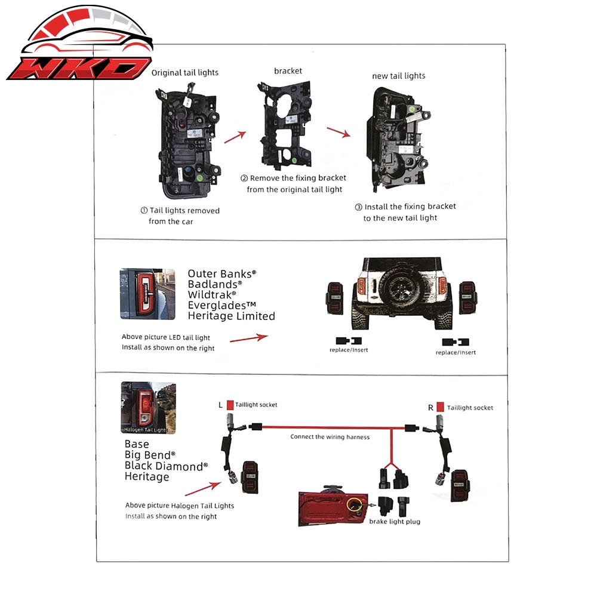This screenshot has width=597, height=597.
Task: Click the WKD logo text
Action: pyautogui.click(x=79, y=68)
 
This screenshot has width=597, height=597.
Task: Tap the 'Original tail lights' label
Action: pyautogui.click(x=185, y=73)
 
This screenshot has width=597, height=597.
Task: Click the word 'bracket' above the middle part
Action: pyautogui.click(x=288, y=71)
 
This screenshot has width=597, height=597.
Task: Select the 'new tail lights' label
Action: pyautogui.click(x=399, y=76)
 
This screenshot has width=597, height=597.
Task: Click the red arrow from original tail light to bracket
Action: pyautogui.click(x=235, y=137)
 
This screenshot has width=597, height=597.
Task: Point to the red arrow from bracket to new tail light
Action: pyautogui.click(x=338, y=132)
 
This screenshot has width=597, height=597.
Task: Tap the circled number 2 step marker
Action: pyautogui.click(x=244, y=178)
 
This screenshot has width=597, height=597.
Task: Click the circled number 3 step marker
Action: pyautogui.click(x=359, y=207)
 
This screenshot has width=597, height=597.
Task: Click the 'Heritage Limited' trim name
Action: pyautogui.click(x=232, y=316)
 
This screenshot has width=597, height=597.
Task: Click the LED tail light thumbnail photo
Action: pyautogui.click(x=147, y=294)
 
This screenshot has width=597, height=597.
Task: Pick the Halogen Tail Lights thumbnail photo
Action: pyautogui.click(x=149, y=408)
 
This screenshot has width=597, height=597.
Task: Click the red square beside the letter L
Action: pyautogui.click(x=230, y=405)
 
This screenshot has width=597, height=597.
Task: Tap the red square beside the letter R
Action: pyautogui.click(x=440, y=407)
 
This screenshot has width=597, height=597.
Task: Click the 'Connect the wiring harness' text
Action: pyautogui.click(x=330, y=437)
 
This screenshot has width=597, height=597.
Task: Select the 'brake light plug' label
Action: pyautogui.click(x=395, y=521)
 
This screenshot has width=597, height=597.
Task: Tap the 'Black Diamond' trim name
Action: pyautogui.click(x=166, y=466)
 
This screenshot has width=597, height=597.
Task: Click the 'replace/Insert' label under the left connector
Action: pyautogui.click(x=349, y=350)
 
